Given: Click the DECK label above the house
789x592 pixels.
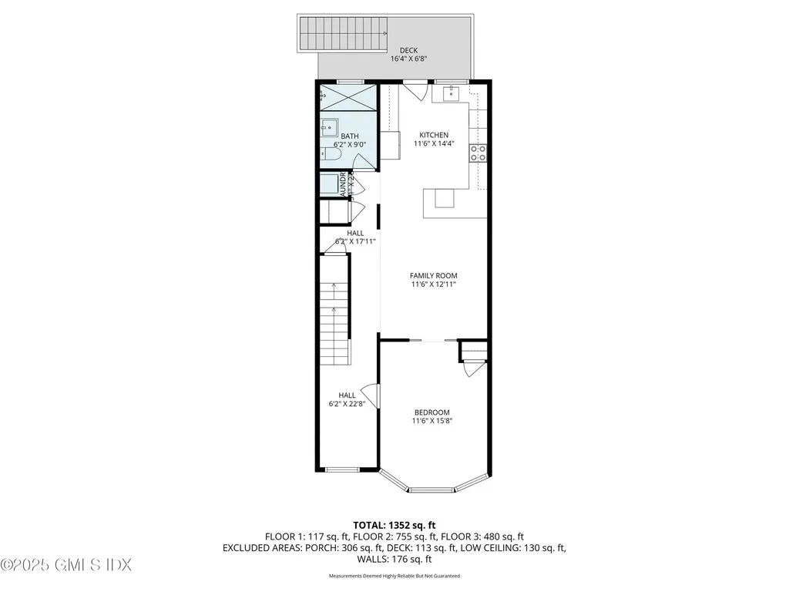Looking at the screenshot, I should click(x=408, y=50).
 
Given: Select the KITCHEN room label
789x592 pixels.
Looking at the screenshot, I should click(x=433, y=135).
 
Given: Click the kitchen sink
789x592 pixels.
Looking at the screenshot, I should click(x=451, y=94).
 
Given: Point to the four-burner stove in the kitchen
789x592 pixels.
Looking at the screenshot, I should click(x=478, y=153).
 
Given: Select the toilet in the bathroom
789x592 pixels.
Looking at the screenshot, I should click(x=331, y=155).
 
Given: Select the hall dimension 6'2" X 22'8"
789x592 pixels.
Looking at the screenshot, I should click(x=347, y=402).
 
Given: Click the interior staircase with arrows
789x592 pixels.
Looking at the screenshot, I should click(x=334, y=316).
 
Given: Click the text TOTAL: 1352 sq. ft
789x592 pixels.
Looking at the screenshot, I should click(x=394, y=525).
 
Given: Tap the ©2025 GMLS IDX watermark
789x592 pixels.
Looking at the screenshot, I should click(x=66, y=565).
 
